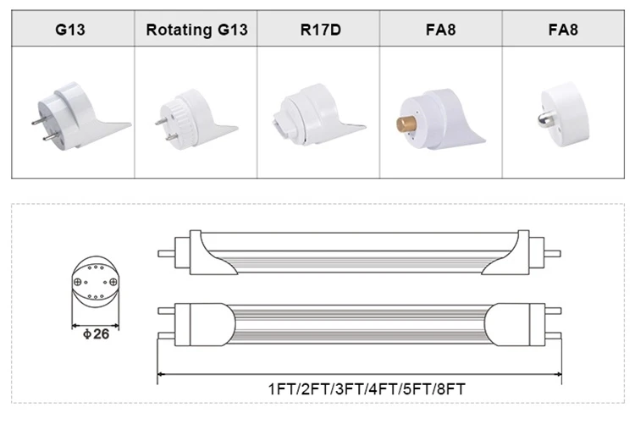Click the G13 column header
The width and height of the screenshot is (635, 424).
click(x=72, y=30)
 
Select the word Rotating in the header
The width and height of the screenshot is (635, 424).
click(x=176, y=30)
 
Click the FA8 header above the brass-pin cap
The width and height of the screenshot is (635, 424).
click(x=440, y=30)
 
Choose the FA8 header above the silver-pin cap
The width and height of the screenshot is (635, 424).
click(x=563, y=30)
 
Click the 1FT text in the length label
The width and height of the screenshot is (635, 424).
click(x=280, y=389)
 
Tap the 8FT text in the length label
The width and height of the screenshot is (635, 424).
click(x=450, y=389)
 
